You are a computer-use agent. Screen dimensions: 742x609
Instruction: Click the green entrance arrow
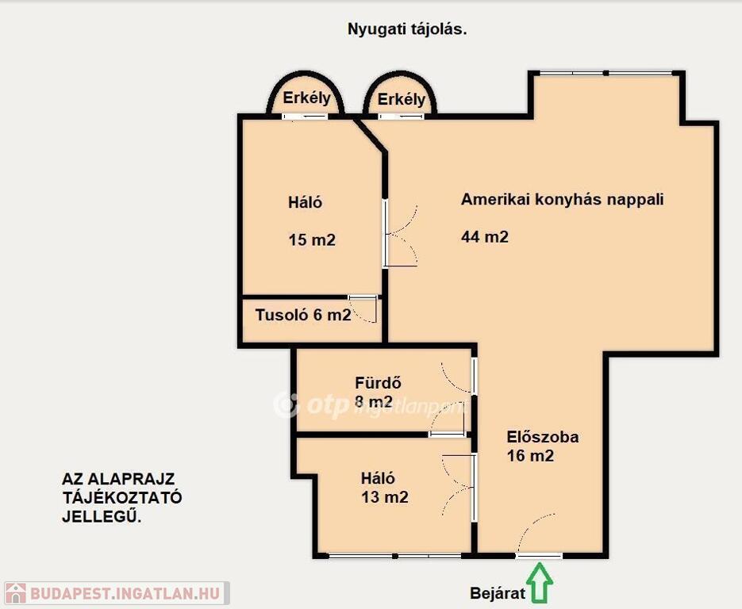tap(540, 582)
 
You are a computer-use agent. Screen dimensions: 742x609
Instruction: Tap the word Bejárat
tap(498, 593)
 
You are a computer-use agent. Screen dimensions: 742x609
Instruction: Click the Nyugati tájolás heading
tap(407, 29)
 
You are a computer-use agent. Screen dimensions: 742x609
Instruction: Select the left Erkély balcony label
tap(306, 98)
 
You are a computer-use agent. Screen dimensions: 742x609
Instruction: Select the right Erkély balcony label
tap(402, 100)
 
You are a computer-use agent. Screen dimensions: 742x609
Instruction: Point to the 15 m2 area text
tap(312, 240)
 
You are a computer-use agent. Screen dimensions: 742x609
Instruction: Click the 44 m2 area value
tap(485, 236)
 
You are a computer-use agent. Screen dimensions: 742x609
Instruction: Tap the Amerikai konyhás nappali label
tap(562, 200)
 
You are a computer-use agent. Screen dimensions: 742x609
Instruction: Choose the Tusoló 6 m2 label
tap(303, 315)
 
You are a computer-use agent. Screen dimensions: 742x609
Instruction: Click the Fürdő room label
tap(378, 382)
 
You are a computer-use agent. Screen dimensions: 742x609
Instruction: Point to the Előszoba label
tap(542, 437)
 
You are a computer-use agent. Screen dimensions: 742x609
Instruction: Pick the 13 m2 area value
tap(385, 497)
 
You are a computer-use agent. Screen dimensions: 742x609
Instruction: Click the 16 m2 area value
tap(530, 456)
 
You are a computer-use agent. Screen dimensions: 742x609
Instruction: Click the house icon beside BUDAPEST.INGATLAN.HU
tap(15, 593)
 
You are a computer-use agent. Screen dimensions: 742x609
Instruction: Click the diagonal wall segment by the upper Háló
tap(370, 135)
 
